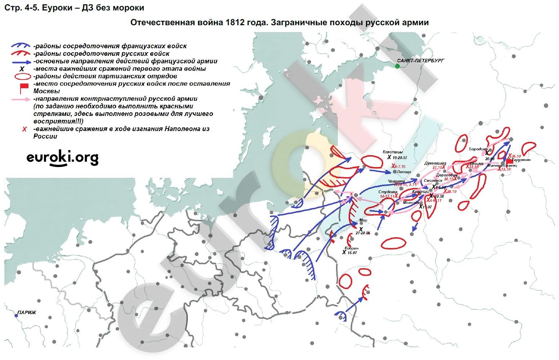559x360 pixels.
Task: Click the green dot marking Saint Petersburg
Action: (x=397, y=66)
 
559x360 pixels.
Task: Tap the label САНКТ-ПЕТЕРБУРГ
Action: (x=420, y=61)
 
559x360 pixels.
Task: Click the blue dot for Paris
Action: (x=16, y=316)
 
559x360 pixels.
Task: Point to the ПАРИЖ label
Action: (x=27, y=312)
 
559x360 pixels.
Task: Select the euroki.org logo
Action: (x=62, y=158)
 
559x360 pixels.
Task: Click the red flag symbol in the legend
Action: (x=24, y=88)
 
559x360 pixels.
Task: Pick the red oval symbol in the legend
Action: (x=22, y=76)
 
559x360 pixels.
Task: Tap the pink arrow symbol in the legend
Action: (x=21, y=99)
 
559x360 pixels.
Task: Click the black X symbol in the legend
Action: (x=22, y=69)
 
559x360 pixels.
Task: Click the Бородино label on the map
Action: (x=478, y=149)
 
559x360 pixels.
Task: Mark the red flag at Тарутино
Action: (x=509, y=161)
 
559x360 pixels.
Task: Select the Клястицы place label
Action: (x=393, y=152)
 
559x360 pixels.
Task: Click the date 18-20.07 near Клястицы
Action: (x=400, y=158)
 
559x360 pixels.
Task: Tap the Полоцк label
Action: (x=404, y=172)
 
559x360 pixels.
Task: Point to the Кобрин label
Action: (x=351, y=248)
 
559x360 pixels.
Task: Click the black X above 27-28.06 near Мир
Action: (x=361, y=229)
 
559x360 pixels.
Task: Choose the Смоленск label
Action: (x=433, y=180)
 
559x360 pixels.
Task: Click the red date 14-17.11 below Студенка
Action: (x=386, y=197)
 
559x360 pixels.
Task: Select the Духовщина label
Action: (x=435, y=163)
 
